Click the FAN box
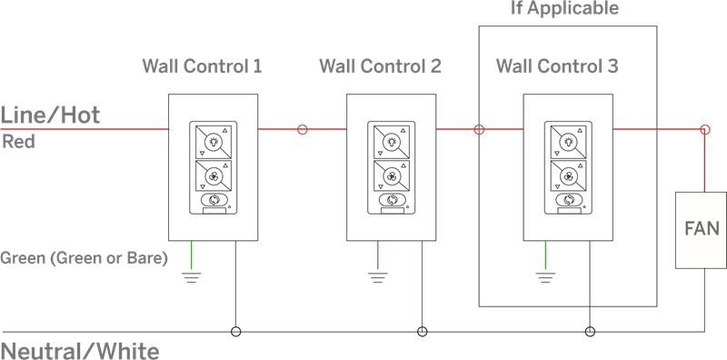701,230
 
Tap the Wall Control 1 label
202,65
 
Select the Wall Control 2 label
380,65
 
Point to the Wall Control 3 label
557,65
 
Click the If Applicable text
564,8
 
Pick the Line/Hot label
50,115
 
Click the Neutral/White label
80,351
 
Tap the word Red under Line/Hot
18,142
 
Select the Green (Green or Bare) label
84,258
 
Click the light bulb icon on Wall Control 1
214,142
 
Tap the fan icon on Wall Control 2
392,176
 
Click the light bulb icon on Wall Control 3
569,142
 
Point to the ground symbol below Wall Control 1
192,277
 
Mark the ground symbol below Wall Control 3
545,277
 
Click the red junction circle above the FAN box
705,129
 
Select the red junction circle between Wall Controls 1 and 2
303,129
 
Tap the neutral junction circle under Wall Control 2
422,332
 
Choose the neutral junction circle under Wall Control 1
236,332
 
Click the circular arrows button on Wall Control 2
393,200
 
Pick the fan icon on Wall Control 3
569,176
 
